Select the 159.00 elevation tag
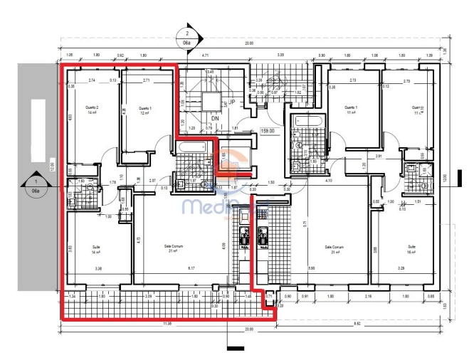point(268,130)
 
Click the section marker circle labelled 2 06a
point(187,37)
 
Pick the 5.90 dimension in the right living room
point(331,269)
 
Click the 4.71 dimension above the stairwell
point(205,55)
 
